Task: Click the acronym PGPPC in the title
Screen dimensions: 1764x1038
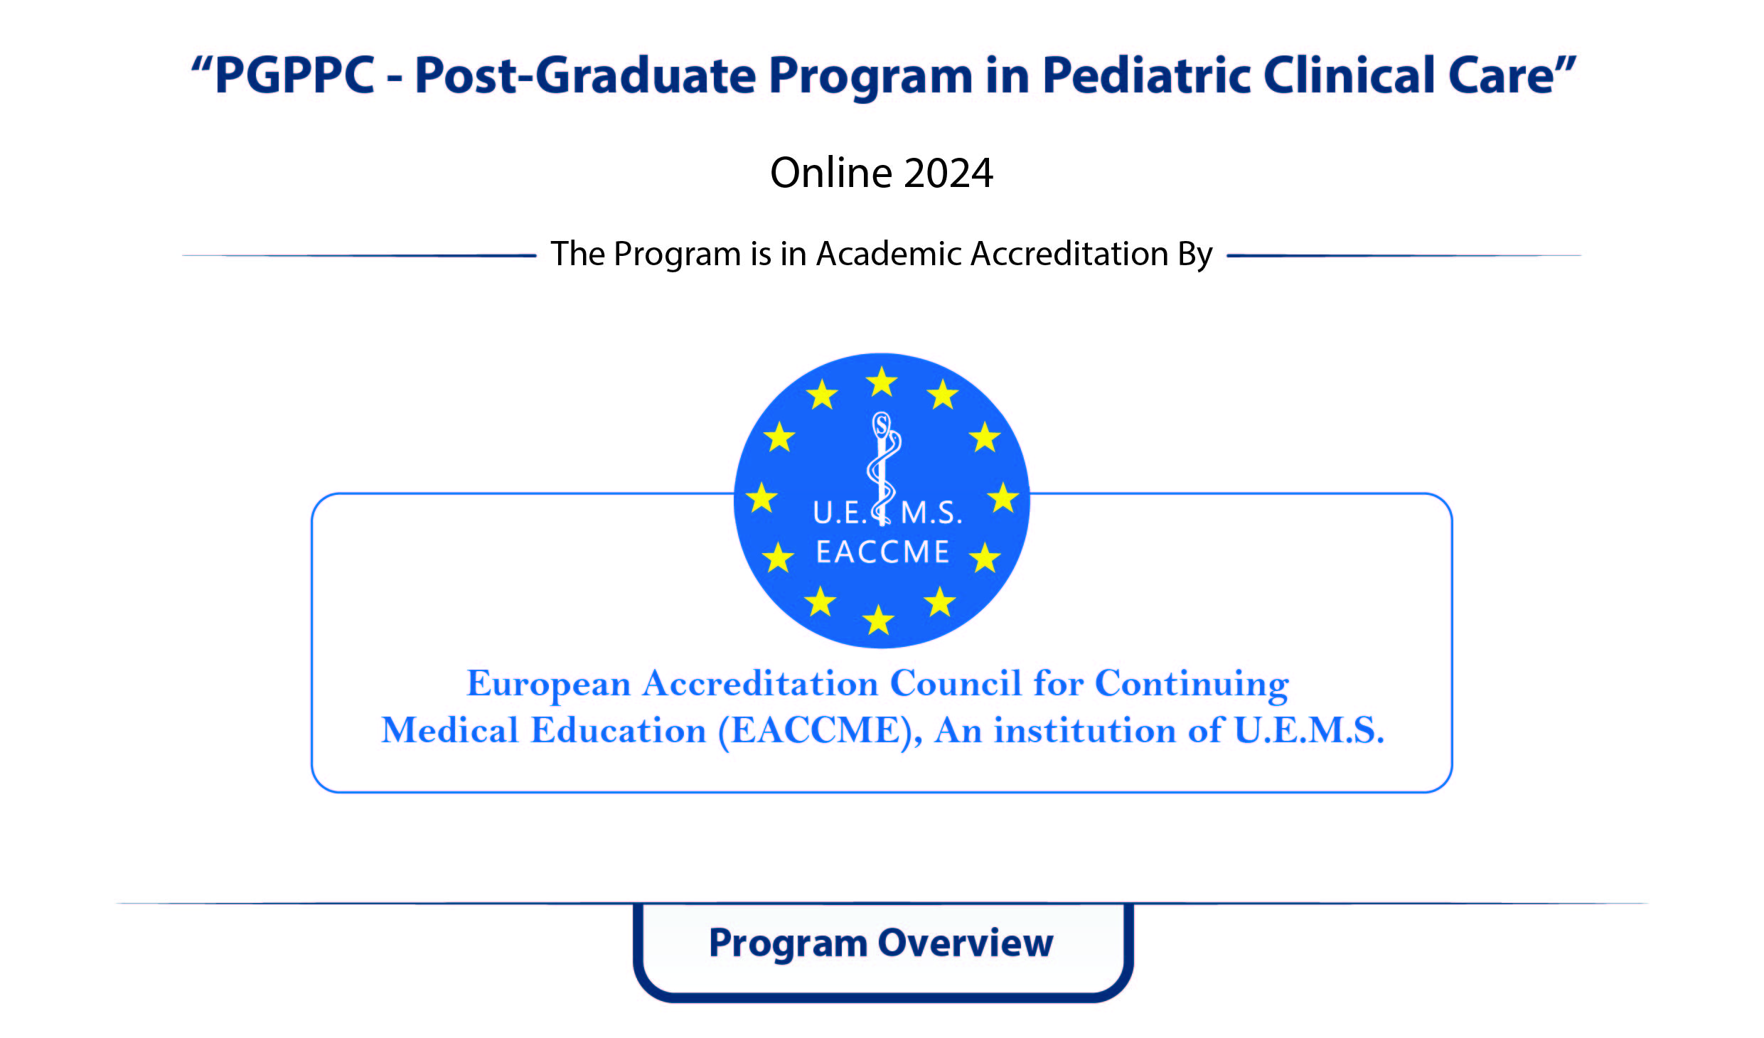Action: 294,75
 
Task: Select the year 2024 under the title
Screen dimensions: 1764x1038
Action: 948,173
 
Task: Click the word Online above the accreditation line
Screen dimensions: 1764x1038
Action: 831,173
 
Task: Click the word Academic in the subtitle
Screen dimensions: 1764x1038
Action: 889,254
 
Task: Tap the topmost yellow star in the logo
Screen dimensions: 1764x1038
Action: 882,382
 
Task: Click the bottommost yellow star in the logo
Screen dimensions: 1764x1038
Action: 879,619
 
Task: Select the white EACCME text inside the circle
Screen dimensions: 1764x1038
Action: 882,552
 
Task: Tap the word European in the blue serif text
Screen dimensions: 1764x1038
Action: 548,685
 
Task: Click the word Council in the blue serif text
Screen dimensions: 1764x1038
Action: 956,683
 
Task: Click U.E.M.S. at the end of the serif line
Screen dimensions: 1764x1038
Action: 1310,730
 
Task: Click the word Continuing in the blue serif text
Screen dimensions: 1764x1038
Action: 1192,685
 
